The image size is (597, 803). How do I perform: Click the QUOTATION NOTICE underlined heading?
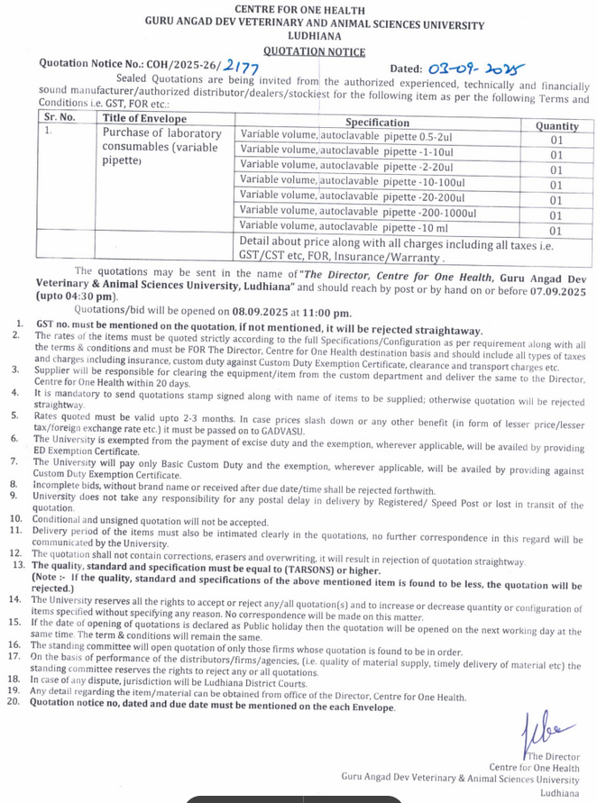pyautogui.click(x=301, y=52)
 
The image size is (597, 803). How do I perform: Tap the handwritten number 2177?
pyautogui.click(x=240, y=66)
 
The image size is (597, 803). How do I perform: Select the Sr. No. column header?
pyautogui.click(x=60, y=118)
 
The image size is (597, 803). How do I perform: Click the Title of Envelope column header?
pyautogui.click(x=145, y=119)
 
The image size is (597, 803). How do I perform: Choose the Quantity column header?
pyautogui.click(x=556, y=126)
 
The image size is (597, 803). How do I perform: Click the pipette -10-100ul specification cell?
pyautogui.click(x=347, y=180)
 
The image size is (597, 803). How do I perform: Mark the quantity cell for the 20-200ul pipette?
pyautogui.click(x=556, y=200)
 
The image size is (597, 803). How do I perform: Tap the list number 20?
pyautogui.click(x=14, y=707)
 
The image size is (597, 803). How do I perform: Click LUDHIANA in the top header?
pyautogui.click(x=302, y=39)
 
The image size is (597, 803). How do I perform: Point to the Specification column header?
pyautogui.click(x=377, y=123)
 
